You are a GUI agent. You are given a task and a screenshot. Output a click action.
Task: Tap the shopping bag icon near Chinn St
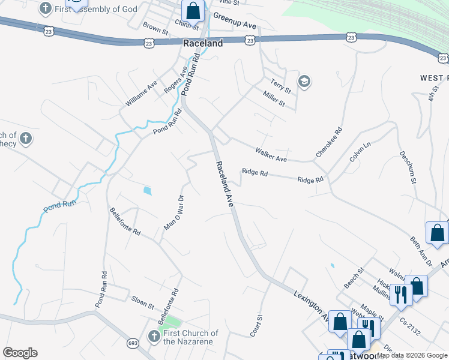pos(193,10)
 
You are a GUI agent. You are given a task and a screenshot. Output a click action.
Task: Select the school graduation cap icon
pos(304,82)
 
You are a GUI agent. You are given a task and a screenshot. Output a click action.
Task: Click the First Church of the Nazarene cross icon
pos(153,337)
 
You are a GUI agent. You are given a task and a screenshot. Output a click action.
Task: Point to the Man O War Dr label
pos(173,212)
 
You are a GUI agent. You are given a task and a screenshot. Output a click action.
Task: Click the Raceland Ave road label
pos(224,184)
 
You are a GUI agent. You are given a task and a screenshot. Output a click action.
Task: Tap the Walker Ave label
pos(271,155)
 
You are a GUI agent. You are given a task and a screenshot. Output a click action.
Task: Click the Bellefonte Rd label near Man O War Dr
pos(125,221)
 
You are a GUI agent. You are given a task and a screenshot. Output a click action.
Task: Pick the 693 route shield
pos(132,343)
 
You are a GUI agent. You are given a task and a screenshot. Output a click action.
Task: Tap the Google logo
pos(20,353)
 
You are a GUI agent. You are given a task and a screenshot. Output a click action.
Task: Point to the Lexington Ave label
pos(311,306)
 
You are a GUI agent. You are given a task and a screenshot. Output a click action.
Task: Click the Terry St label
pos(280,86)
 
